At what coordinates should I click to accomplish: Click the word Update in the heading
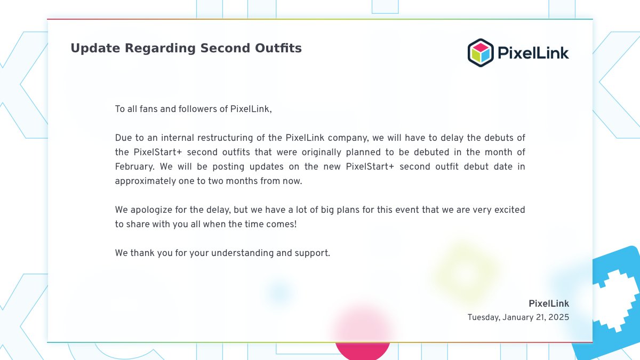[95, 48]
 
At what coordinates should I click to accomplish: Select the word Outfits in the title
[278, 48]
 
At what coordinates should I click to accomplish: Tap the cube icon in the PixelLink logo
[481, 53]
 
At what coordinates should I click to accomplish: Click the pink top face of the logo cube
[481, 47]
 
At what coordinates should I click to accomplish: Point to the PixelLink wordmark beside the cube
[533, 53]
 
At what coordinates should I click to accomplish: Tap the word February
[134, 167]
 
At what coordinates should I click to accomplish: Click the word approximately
[146, 181]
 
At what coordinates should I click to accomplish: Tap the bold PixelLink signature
[549, 303]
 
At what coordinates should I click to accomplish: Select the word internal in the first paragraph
[178, 138]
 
